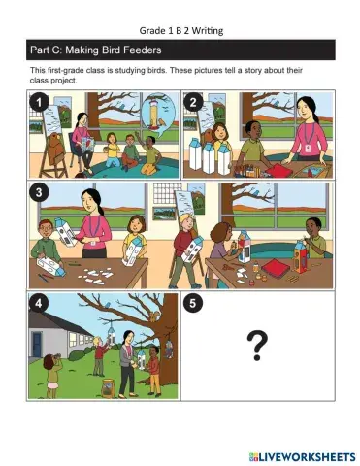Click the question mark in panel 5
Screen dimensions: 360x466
(257, 346)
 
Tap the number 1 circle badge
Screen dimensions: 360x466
(39, 103)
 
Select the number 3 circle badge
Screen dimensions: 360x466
(39, 192)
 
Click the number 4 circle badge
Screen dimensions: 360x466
(39, 304)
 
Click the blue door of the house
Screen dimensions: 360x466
(37, 345)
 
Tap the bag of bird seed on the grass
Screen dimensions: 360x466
(108, 387)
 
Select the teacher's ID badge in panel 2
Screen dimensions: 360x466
(308, 149)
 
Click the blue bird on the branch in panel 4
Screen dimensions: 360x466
(108, 305)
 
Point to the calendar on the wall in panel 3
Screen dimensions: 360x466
(163, 194)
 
